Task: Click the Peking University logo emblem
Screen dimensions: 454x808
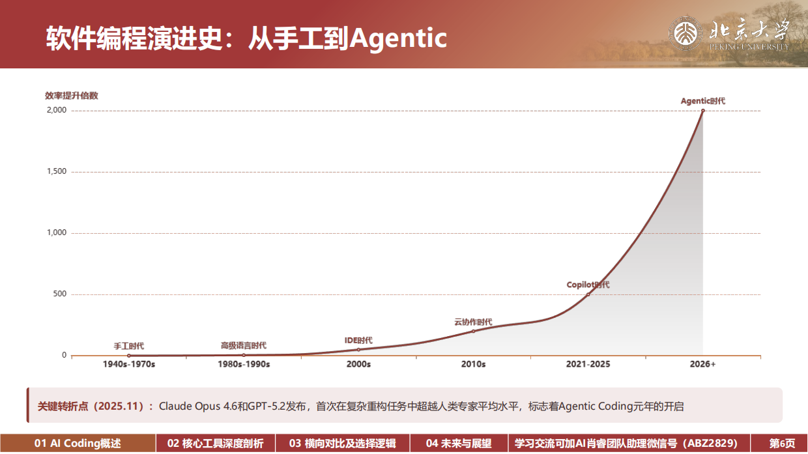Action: pyautogui.click(x=685, y=33)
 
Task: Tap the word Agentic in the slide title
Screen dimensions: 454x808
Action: pyautogui.click(x=398, y=38)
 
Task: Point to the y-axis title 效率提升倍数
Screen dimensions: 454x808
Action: pyautogui.click(x=72, y=96)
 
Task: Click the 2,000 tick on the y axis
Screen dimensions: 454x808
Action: pyautogui.click(x=57, y=110)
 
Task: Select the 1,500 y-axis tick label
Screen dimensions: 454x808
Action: pyautogui.click(x=57, y=171)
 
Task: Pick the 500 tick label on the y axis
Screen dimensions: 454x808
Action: pyautogui.click(x=60, y=294)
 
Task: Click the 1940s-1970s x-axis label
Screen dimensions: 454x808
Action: pyautogui.click(x=129, y=364)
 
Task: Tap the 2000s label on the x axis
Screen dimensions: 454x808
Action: pyautogui.click(x=358, y=364)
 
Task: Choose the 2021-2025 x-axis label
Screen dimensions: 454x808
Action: pyautogui.click(x=588, y=364)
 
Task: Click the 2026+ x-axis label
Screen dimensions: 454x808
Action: pyautogui.click(x=702, y=364)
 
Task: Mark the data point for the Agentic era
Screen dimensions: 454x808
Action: pyautogui.click(x=702, y=111)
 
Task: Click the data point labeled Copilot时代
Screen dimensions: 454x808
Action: pyautogui.click(x=588, y=294)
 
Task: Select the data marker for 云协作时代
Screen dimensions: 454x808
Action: pyautogui.click(x=473, y=331)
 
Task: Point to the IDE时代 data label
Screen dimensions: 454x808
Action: pyautogui.click(x=358, y=340)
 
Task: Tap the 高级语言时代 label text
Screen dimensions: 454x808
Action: pyautogui.click(x=244, y=345)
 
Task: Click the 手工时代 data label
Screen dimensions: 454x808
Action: pyautogui.click(x=129, y=346)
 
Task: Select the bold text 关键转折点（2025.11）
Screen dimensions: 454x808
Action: pyautogui.click(x=91, y=406)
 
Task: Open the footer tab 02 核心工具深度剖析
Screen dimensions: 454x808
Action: pyautogui.click(x=216, y=444)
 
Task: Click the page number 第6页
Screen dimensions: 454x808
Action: pyautogui.click(x=782, y=444)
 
